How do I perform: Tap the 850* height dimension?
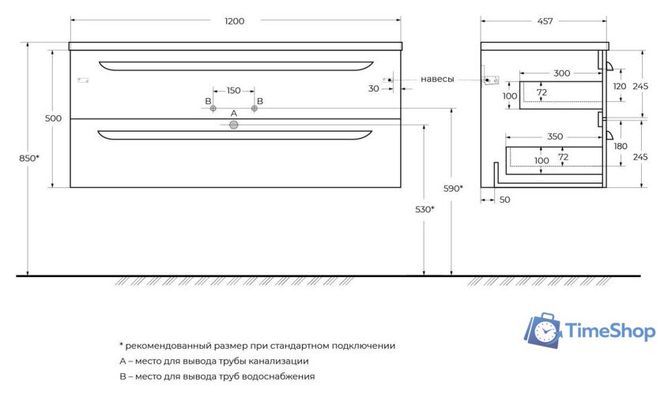pos(29,159)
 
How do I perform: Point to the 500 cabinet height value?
pos(53,118)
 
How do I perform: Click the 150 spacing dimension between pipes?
pos(233,91)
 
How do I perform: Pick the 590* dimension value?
pos(452,188)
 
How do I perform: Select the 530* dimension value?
pos(425,209)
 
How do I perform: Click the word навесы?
pos(437,79)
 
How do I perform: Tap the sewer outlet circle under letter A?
pos(233,125)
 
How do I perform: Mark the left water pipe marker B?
pos(213,108)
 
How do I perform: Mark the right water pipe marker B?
pos(255,108)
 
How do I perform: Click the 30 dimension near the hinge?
pos(373,88)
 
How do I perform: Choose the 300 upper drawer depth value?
pos(561,73)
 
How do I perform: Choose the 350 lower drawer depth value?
pos(555,137)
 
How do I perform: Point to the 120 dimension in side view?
pos(620,86)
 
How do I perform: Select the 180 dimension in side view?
pos(620,146)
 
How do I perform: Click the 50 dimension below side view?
pos(504,200)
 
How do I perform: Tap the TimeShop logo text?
pos(612,331)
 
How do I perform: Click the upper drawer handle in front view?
pos(236,66)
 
